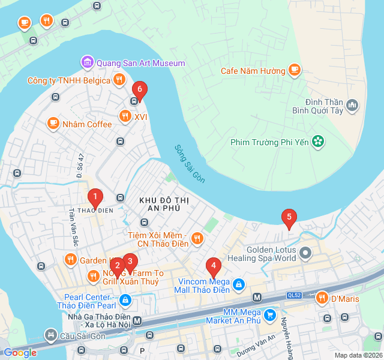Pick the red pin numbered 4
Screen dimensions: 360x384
click(x=212, y=266)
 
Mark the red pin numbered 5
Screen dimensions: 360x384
click(x=289, y=218)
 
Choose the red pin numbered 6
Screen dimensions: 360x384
click(x=139, y=91)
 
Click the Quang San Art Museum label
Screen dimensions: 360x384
click(x=140, y=62)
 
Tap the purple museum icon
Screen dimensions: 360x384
click(x=88, y=62)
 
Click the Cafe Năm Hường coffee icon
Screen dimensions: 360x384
click(x=294, y=71)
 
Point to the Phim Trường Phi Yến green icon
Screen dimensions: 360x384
click(x=318, y=142)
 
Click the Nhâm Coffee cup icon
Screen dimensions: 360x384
click(x=53, y=124)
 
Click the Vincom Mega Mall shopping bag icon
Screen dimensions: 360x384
click(x=239, y=283)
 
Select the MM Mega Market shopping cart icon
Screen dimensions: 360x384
click(x=270, y=314)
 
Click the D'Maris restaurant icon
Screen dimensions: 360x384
click(x=322, y=298)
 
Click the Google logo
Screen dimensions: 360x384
click(x=20, y=353)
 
